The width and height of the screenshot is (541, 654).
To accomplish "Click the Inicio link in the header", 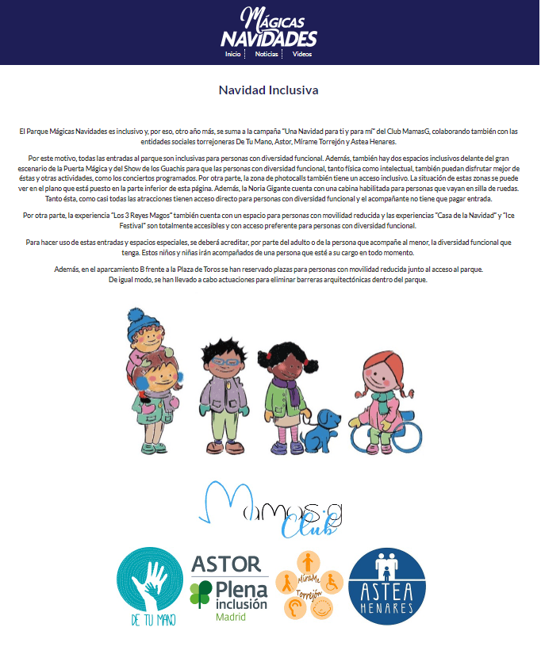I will pyautogui.click(x=232, y=54).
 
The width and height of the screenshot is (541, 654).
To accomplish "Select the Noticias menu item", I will pyautogui.click(x=267, y=54).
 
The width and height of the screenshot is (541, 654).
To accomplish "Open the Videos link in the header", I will pyautogui.click(x=302, y=54).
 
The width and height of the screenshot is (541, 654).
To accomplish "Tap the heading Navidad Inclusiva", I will pyautogui.click(x=269, y=90).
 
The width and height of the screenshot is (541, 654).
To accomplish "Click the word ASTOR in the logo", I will pyautogui.click(x=226, y=564).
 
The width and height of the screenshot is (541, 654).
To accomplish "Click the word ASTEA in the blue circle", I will pyautogui.click(x=387, y=591).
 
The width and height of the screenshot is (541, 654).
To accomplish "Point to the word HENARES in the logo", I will pyautogui.click(x=387, y=608).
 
